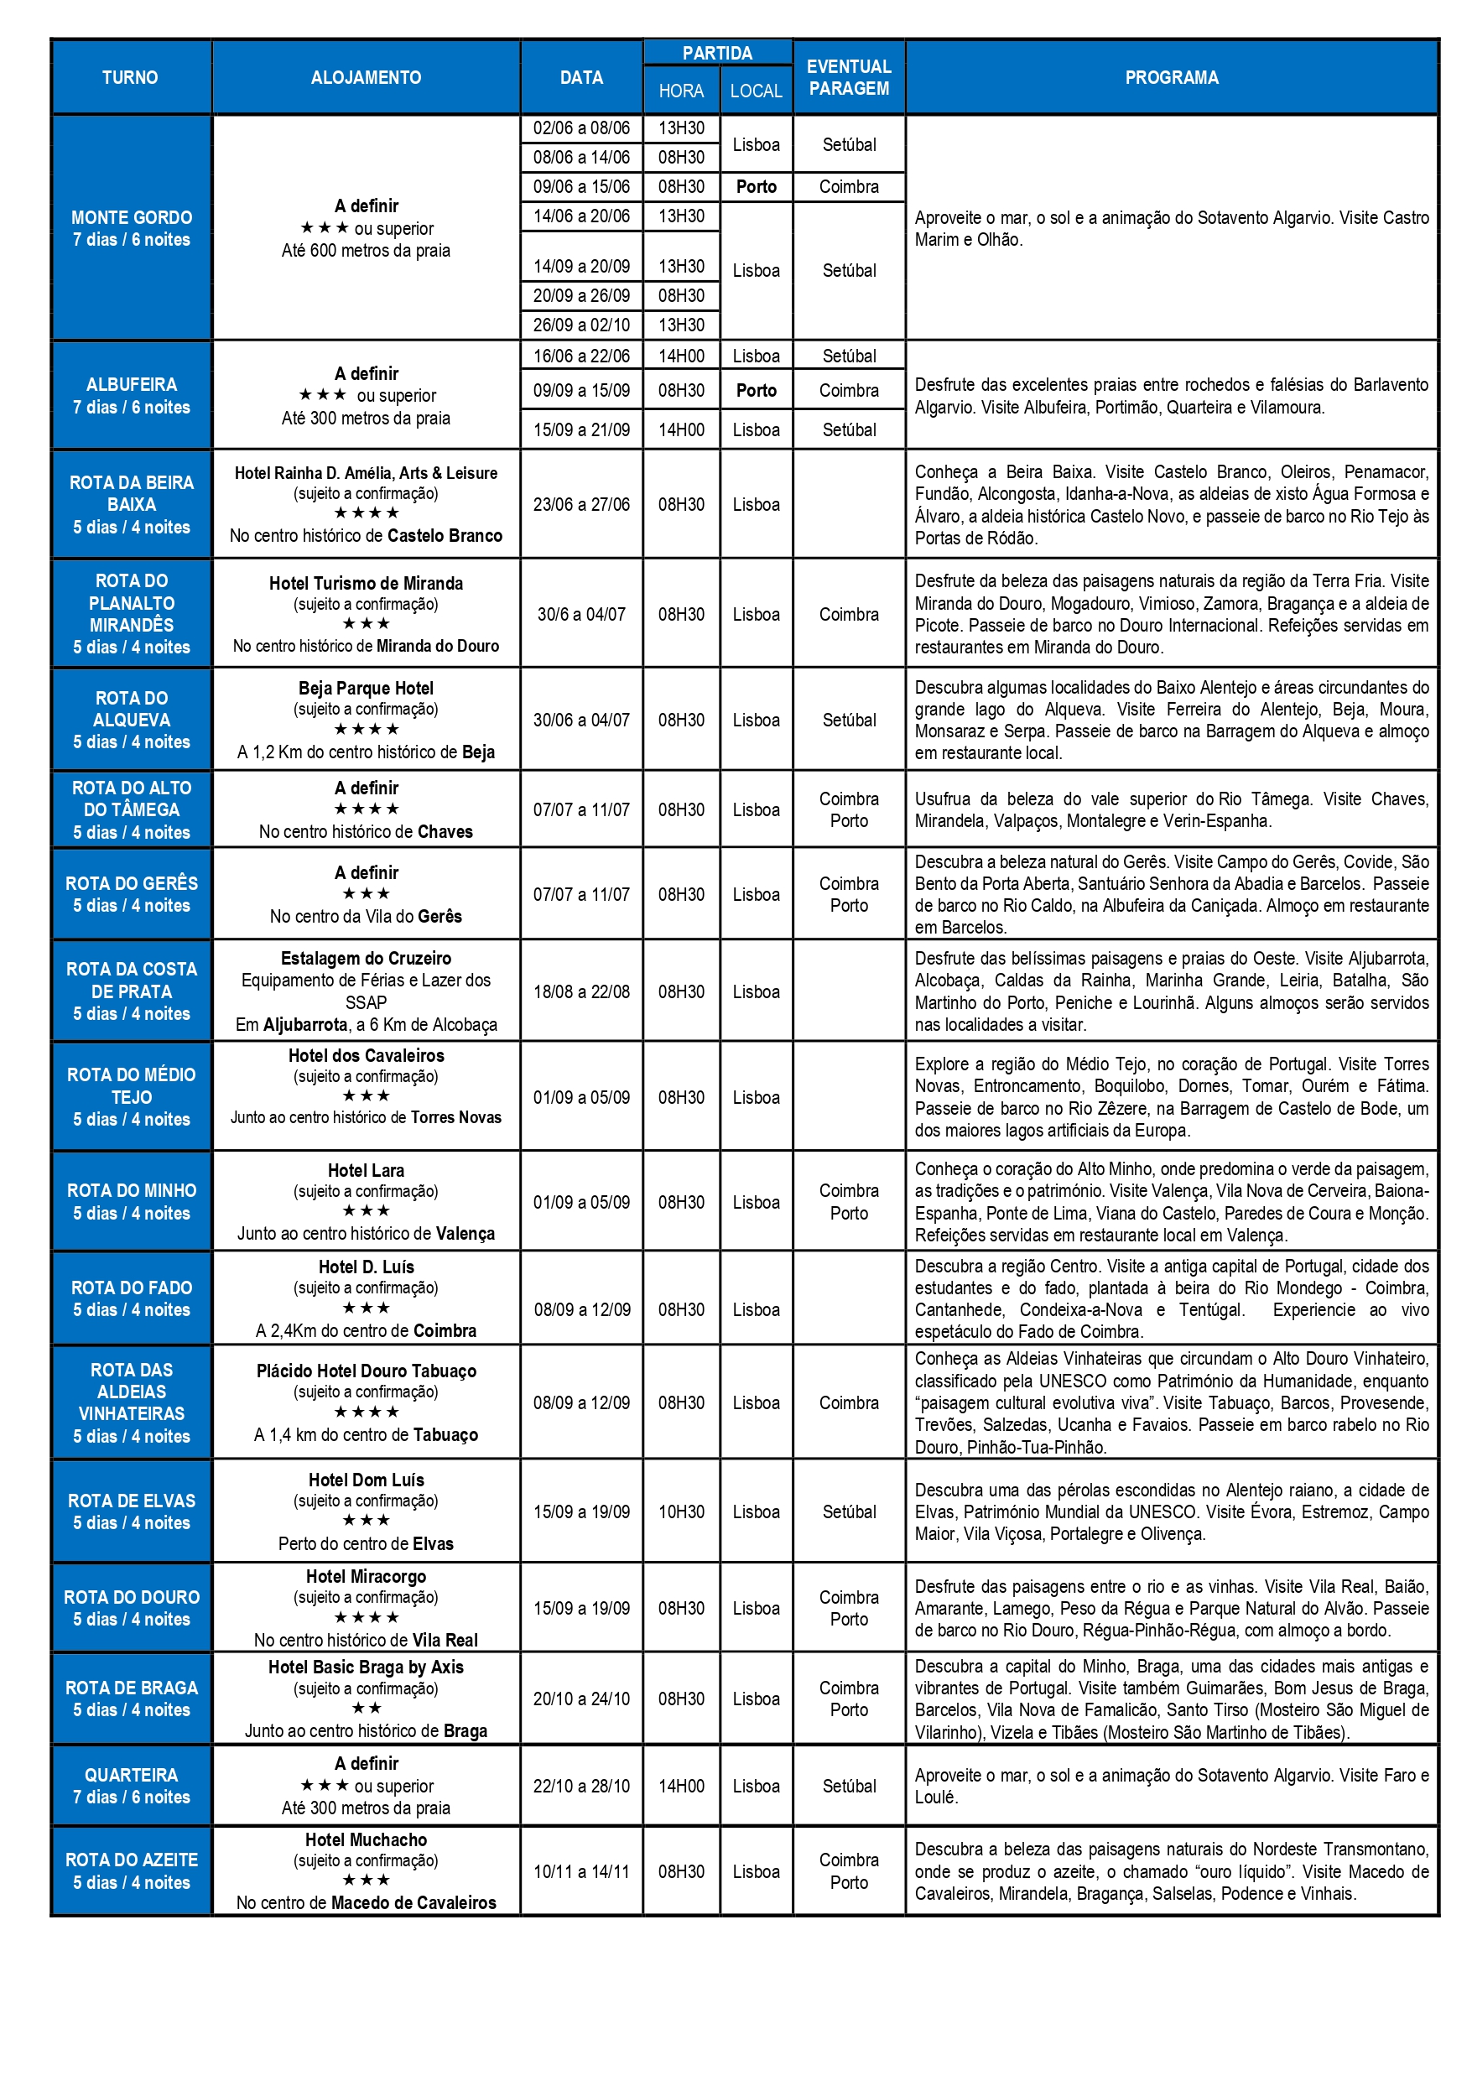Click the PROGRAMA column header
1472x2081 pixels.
pos(1171,78)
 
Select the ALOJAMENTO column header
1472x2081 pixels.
pos(366,78)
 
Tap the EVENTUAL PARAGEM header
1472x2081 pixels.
pos(849,78)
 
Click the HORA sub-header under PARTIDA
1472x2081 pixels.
pos(681,91)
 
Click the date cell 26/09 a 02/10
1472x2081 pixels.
pos(581,325)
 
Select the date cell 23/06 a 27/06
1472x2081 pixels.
pos(581,504)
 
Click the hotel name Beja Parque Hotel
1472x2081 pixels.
pos(366,688)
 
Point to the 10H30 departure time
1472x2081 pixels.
pos(681,1511)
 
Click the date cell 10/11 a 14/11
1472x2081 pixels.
pos(581,1871)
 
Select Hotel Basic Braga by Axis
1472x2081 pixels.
pos(366,1667)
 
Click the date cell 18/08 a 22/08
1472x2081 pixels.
pos(581,991)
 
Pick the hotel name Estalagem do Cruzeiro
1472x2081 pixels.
pos(366,958)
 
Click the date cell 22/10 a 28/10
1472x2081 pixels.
pos(581,1786)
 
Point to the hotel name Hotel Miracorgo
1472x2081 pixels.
pos(366,1576)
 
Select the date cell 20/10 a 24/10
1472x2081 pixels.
pos(581,1699)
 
